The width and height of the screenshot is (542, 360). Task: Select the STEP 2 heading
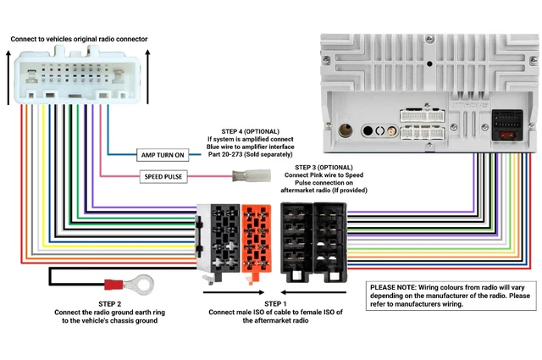[111, 303]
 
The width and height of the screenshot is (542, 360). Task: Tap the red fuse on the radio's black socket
[507, 135]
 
